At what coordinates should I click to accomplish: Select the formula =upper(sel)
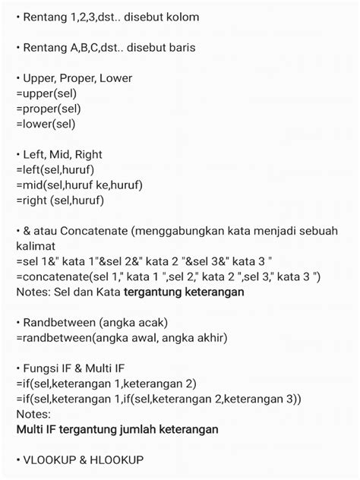coord(46,93)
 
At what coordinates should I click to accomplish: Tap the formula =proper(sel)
coord(48,109)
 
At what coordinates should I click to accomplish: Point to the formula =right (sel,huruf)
coord(59,201)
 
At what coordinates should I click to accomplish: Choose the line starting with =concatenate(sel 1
coord(167,276)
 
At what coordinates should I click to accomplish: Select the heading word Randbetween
coord(55,322)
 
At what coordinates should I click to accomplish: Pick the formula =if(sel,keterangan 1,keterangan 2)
coord(106,384)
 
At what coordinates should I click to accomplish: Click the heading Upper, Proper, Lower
coord(77,78)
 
